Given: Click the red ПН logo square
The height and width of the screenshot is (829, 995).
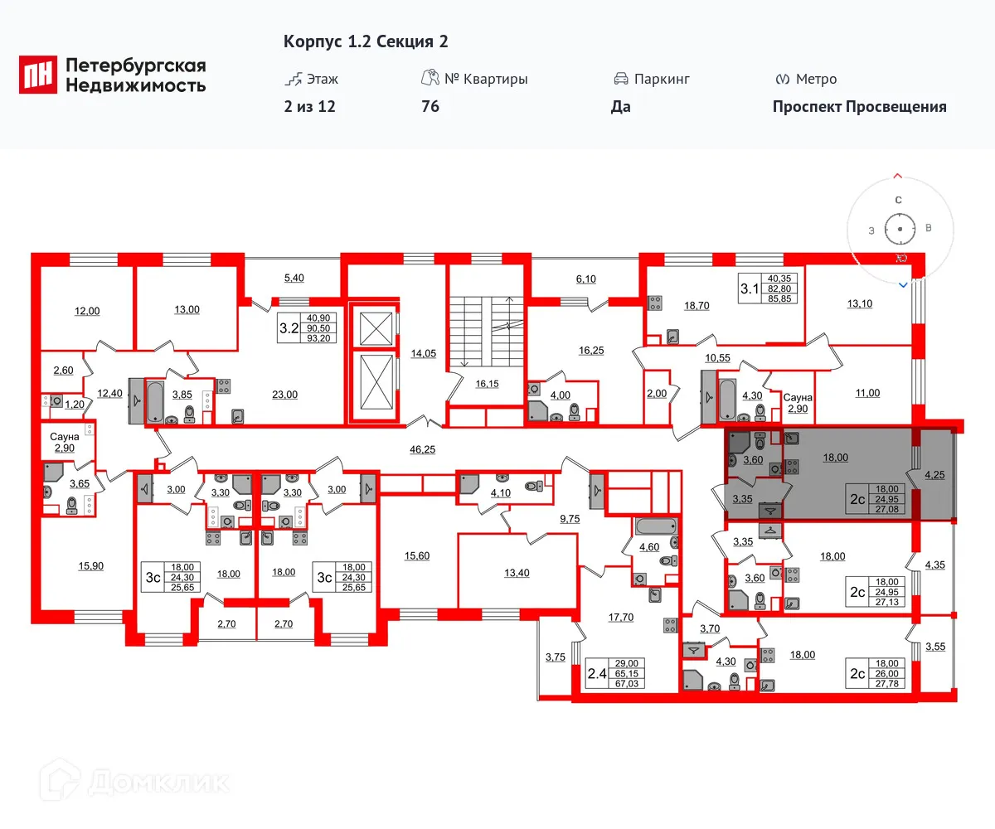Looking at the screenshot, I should tap(38, 75).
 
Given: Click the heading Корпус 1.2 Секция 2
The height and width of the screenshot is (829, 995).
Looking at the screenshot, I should tap(366, 41).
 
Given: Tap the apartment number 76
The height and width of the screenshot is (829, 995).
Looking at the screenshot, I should tap(430, 106).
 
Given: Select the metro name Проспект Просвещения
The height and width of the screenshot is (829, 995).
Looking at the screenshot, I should tap(859, 106).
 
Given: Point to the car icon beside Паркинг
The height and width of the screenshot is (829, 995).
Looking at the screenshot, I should tap(620, 80).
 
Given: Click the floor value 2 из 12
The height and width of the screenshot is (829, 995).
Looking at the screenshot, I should tap(309, 106).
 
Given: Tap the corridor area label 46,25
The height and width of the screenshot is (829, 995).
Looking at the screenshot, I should tap(423, 448).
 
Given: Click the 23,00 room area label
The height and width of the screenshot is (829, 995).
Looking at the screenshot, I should tap(284, 395).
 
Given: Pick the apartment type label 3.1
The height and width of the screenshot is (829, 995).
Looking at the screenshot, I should tap(749, 288).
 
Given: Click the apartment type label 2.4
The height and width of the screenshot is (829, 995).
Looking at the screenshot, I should tap(597, 674).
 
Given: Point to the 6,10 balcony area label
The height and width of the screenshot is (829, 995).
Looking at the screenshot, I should tap(585, 279).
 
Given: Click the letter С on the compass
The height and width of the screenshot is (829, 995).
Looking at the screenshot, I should tap(898, 200).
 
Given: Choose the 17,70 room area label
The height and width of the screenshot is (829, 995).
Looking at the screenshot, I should tap(621, 617).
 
